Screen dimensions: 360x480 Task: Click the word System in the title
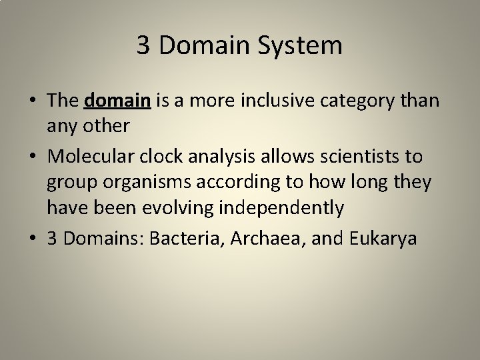(305, 45)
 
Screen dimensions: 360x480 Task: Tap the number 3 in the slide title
(143, 45)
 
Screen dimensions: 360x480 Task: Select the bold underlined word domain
(119, 101)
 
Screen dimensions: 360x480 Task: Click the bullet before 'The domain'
(32, 101)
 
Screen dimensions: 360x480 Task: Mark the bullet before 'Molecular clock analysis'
(32, 157)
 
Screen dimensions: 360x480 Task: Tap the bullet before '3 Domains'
(32, 239)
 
